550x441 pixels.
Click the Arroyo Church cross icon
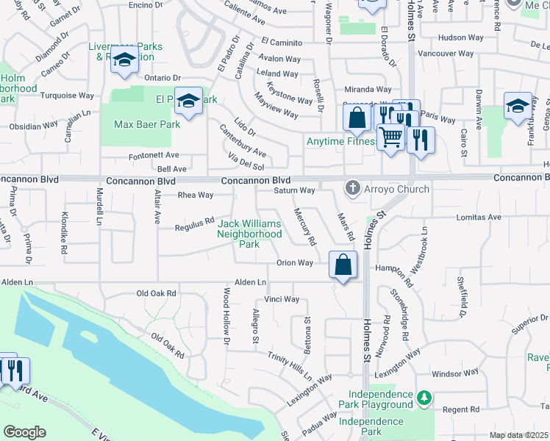[353, 189]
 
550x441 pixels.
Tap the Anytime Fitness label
[342, 142]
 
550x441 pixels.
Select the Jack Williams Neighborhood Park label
[250, 234]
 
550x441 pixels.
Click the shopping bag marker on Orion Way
[343, 265]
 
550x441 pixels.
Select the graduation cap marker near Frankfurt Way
[518, 107]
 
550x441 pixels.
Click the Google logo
[24, 431]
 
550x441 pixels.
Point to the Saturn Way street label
[294, 191]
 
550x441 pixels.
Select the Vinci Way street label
[282, 299]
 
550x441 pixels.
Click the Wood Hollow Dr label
[226, 317]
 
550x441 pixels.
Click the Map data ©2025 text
[519, 435]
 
